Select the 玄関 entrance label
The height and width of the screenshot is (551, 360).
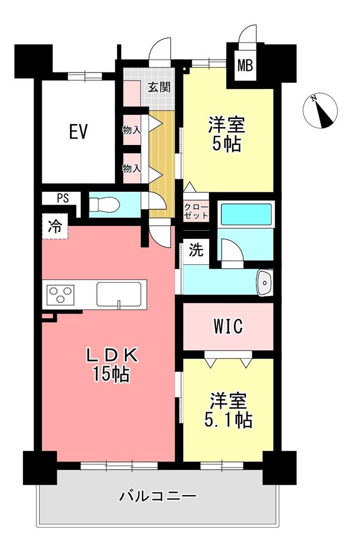(159, 87)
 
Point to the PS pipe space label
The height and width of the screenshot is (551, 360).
(63, 199)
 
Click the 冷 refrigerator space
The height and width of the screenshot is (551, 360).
(55, 227)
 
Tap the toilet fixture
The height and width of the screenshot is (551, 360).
(104, 204)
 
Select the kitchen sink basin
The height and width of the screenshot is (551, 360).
(119, 294)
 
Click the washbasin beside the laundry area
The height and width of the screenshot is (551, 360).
(265, 282)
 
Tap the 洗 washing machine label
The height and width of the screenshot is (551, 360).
(196, 250)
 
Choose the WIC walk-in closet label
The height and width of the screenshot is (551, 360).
(228, 326)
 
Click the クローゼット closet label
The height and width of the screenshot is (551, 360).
(196, 211)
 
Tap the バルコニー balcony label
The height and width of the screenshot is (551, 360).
(158, 496)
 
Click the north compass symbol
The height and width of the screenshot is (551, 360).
(320, 110)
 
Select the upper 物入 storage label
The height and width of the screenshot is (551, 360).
(131, 130)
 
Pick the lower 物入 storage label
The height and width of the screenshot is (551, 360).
(131, 168)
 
